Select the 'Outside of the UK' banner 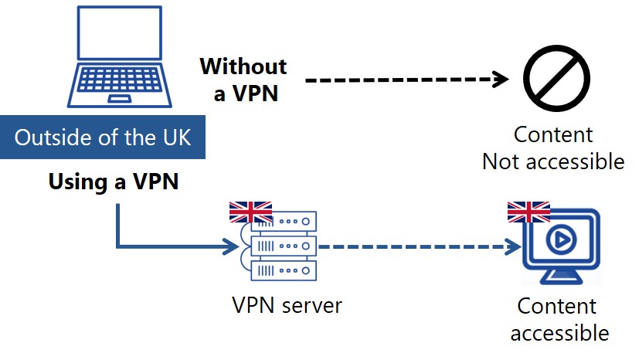(103, 139)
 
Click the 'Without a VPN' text (243, 80)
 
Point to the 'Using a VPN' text (114, 182)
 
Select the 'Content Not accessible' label (552, 148)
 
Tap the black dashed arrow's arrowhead (502, 80)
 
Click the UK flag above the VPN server (250, 212)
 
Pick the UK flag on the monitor (529, 212)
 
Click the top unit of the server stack (284, 220)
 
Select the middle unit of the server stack (284, 246)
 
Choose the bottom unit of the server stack (284, 271)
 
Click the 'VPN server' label (287, 305)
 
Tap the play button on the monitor (561, 241)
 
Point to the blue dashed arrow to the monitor (417, 247)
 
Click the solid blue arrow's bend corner (117, 247)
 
